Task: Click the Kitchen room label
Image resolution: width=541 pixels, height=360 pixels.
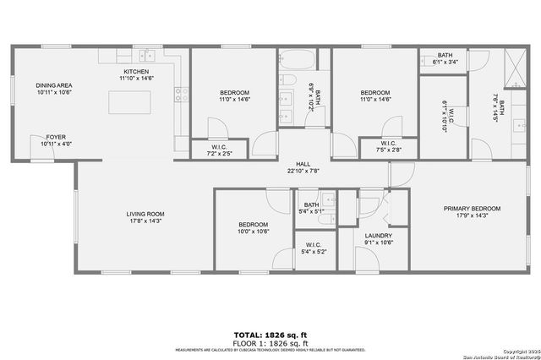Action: click(x=136, y=71)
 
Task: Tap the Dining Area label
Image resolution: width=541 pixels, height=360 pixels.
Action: click(x=53, y=85)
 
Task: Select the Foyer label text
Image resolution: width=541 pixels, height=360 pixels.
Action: click(x=56, y=137)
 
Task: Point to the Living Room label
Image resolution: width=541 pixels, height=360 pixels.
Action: click(x=145, y=214)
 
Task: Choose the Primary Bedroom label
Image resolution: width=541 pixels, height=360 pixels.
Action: click(x=473, y=208)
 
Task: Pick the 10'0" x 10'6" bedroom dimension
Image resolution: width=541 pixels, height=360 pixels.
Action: click(x=254, y=231)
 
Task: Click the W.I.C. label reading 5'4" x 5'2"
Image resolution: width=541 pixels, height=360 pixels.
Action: click(x=313, y=251)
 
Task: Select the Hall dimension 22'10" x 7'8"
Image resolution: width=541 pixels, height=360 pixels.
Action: click(x=302, y=171)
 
